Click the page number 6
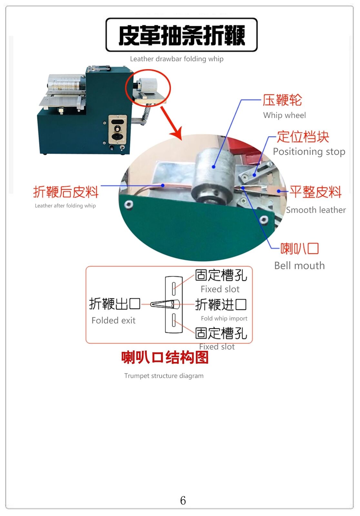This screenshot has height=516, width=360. (x=183, y=500)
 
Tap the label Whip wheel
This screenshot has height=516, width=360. (x=285, y=115)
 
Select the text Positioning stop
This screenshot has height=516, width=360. (x=309, y=152)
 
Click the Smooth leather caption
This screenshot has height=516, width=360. (x=316, y=210)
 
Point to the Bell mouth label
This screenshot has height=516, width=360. (x=299, y=266)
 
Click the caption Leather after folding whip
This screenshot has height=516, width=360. (x=65, y=206)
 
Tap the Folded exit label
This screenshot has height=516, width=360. (x=114, y=321)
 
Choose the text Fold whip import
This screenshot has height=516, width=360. (x=224, y=318)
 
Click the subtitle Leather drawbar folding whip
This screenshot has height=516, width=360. (x=176, y=59)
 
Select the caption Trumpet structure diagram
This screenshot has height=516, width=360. (x=164, y=376)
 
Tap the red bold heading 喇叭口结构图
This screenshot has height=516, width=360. (x=165, y=358)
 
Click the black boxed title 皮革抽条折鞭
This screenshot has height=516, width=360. (x=182, y=35)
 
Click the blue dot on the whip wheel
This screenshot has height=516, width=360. (x=214, y=166)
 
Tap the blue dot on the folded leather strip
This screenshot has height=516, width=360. (x=163, y=185)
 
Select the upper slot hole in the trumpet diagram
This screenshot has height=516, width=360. (x=174, y=289)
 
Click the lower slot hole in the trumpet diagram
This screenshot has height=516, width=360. (x=174, y=320)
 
